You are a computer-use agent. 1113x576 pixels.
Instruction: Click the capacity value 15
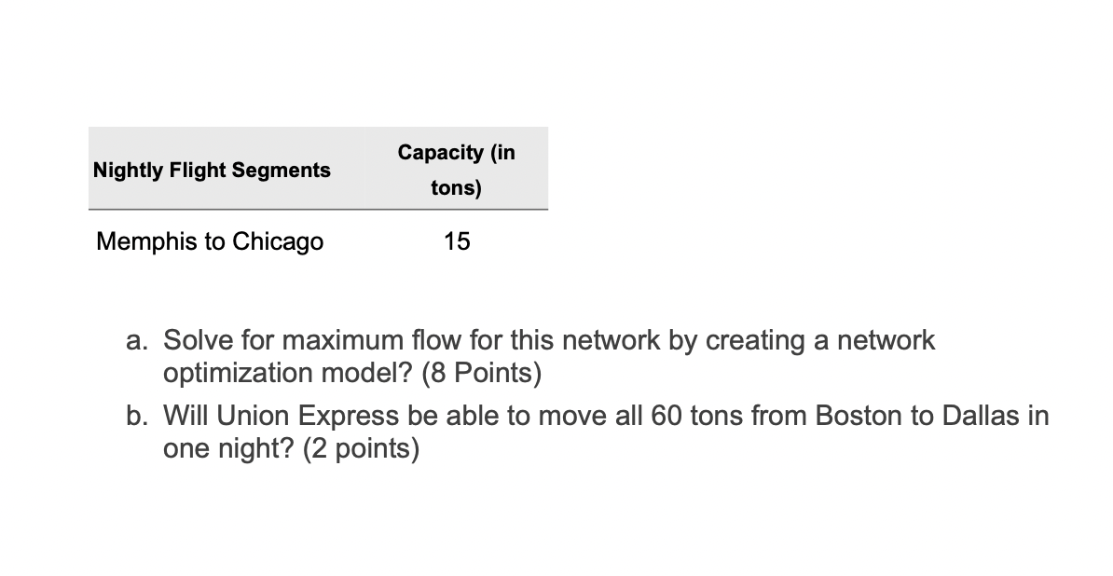coord(457,242)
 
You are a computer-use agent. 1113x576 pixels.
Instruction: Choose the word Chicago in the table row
coord(278,242)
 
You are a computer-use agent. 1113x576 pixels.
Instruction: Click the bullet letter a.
coord(135,341)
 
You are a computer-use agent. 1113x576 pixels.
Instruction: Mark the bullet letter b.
coord(135,417)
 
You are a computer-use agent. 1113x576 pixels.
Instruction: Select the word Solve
coord(194,341)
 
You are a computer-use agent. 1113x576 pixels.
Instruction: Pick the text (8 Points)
coord(482,374)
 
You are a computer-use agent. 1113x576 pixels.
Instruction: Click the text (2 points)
coord(362,450)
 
